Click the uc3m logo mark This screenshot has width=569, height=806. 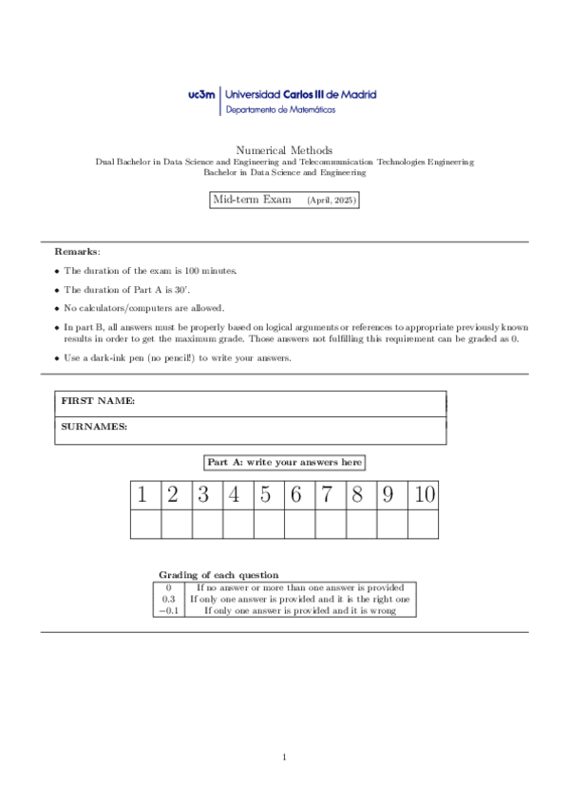pos(203,95)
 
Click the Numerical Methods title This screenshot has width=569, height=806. pos(284,150)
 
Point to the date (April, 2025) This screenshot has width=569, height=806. pos(331,201)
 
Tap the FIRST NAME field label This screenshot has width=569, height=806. pos(98,402)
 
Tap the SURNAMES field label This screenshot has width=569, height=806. pos(94,428)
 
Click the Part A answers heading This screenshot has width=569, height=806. pos(284,462)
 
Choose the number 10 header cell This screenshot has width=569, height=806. pos(423,494)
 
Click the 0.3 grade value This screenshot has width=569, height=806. pos(168,600)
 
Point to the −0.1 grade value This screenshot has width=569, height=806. pos(167,611)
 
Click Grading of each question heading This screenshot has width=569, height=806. pos(218,575)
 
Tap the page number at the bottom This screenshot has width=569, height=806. pos(284,757)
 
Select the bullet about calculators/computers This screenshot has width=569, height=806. pos(143,308)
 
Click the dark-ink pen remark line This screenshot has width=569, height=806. pos(177,357)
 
